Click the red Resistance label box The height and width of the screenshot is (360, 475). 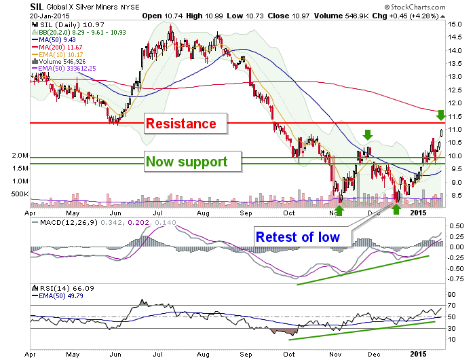186,124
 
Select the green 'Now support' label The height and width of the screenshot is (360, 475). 193,162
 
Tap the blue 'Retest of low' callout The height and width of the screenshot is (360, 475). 303,237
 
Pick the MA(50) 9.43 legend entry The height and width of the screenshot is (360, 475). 54,39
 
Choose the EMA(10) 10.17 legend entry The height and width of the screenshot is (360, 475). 57,54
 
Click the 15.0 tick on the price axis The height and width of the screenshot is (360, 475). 455,24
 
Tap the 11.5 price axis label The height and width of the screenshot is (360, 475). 455,116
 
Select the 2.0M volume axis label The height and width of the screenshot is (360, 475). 20,156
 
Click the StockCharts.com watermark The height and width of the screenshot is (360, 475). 415,7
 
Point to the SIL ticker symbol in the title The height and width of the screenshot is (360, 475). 37,7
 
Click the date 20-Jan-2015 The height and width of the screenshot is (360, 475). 50,16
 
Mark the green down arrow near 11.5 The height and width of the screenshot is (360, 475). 441,115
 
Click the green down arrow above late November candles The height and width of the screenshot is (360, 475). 368,134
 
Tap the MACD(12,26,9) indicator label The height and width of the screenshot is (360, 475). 65,223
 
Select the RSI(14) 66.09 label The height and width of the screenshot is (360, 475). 63,288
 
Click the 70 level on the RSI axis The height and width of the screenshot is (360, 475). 452,306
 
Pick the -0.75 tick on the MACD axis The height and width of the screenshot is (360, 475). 455,278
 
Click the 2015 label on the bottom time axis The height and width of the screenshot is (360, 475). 418,354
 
